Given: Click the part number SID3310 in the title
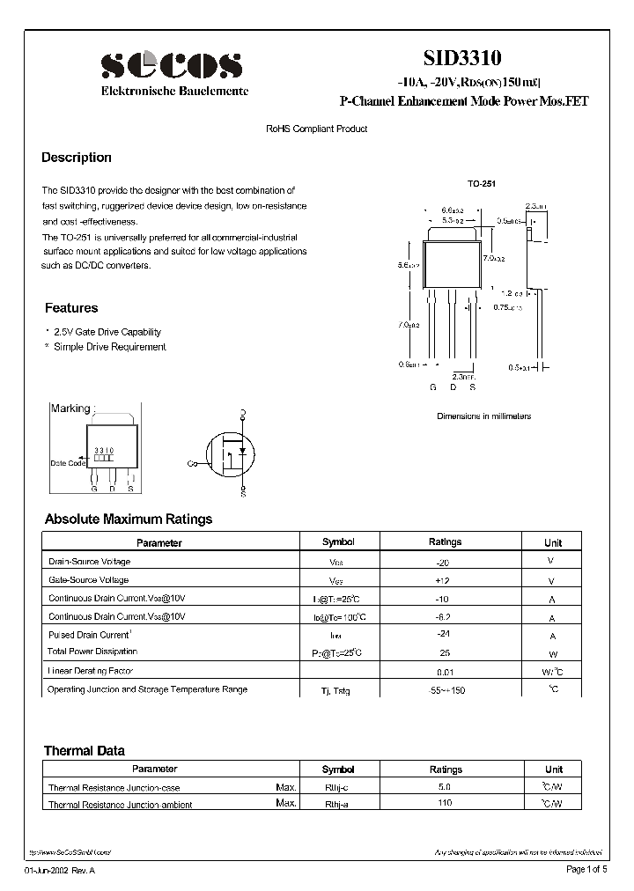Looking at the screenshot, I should coord(462,59).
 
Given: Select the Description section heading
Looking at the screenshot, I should coord(77,158).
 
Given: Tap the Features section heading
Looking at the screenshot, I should coord(71,308).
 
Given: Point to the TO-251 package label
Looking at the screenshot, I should coord(481,184).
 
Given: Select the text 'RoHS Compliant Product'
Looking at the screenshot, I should coord(317,129).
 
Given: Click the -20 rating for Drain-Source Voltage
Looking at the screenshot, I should coord(444,562).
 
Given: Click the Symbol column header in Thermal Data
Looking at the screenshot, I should coord(338,769).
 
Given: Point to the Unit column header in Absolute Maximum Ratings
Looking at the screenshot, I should coord(553,542).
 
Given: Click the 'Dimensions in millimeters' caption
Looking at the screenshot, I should coord(483,416).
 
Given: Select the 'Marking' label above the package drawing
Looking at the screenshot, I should coord(70,409).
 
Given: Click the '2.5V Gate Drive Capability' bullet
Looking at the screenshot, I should coord(107,332).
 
